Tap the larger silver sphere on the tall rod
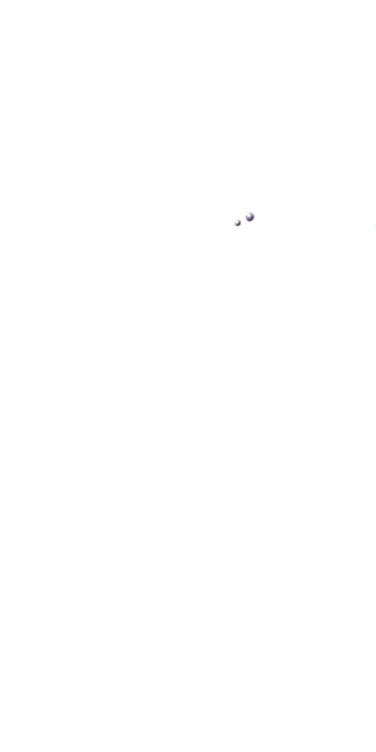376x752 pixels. (249, 216)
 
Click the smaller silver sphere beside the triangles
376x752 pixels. (238, 222)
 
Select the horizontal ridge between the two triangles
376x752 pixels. (204, 222)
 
